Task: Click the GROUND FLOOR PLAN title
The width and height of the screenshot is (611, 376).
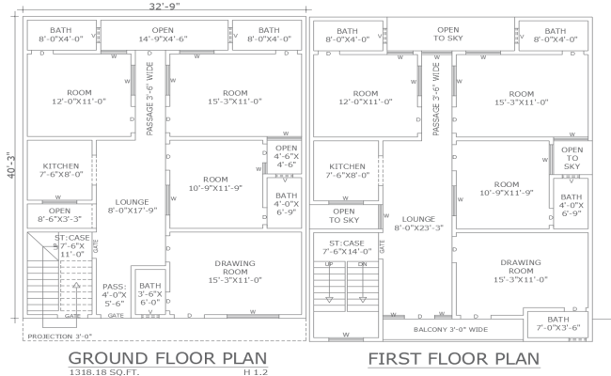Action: pos(167,358)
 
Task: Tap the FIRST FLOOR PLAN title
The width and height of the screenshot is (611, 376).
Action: pos(453,358)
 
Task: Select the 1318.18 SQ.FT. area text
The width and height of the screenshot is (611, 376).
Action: pos(103,372)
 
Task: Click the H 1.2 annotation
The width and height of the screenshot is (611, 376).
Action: pos(256,372)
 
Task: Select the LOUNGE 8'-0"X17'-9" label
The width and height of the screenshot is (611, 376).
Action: pos(131,206)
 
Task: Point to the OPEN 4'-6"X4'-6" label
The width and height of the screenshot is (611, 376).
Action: pos(286,156)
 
